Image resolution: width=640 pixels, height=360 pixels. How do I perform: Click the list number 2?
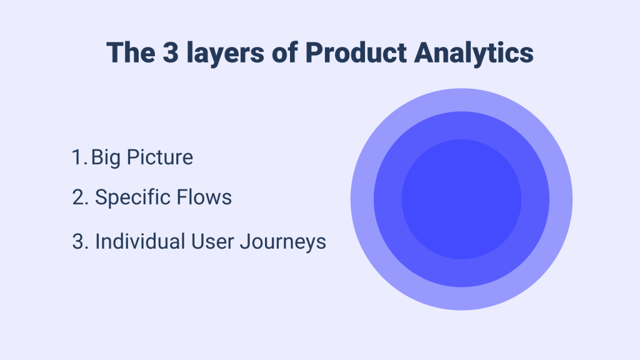(x=79, y=198)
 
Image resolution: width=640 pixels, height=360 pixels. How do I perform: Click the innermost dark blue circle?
(x=461, y=199)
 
